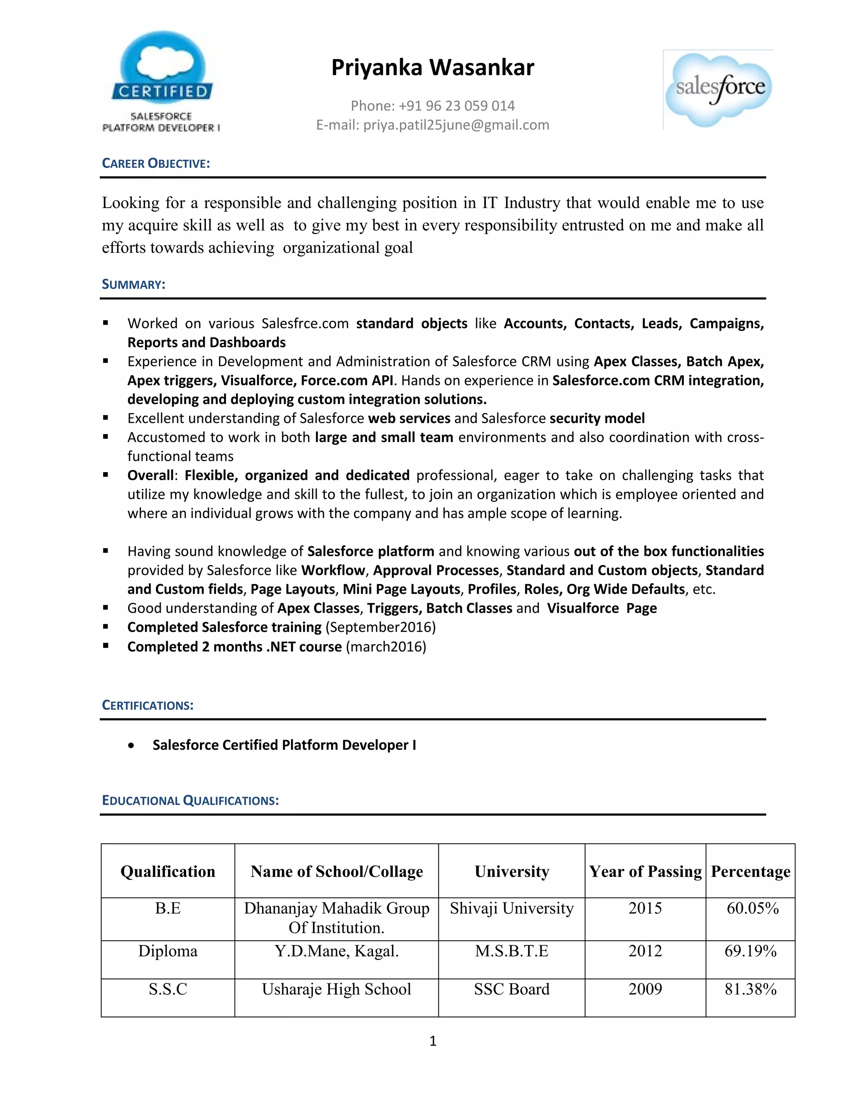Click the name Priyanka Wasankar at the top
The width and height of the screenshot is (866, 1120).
coord(433,68)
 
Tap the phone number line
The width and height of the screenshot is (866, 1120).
coord(433,106)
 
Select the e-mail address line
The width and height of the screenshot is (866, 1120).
coord(433,125)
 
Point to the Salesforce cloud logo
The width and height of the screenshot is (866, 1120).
coord(719,90)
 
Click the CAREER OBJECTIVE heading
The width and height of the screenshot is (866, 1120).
coord(156,163)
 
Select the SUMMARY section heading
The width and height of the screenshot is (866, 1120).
coord(133,284)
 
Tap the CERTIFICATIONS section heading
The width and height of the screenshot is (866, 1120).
coord(148,705)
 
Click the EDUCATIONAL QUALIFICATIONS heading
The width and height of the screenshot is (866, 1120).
coord(190,800)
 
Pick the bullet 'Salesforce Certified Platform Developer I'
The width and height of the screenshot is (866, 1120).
coord(284,745)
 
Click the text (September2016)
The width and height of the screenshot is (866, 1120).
coord(381,627)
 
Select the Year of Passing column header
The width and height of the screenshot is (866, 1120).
coord(645,871)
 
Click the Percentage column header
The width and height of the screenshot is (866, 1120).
coord(750,871)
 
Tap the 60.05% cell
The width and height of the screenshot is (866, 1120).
coord(752,908)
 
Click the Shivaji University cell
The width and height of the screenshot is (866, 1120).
coord(512,908)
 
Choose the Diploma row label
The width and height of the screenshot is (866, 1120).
coord(168,951)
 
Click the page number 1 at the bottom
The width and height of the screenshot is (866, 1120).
coord(433,1041)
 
